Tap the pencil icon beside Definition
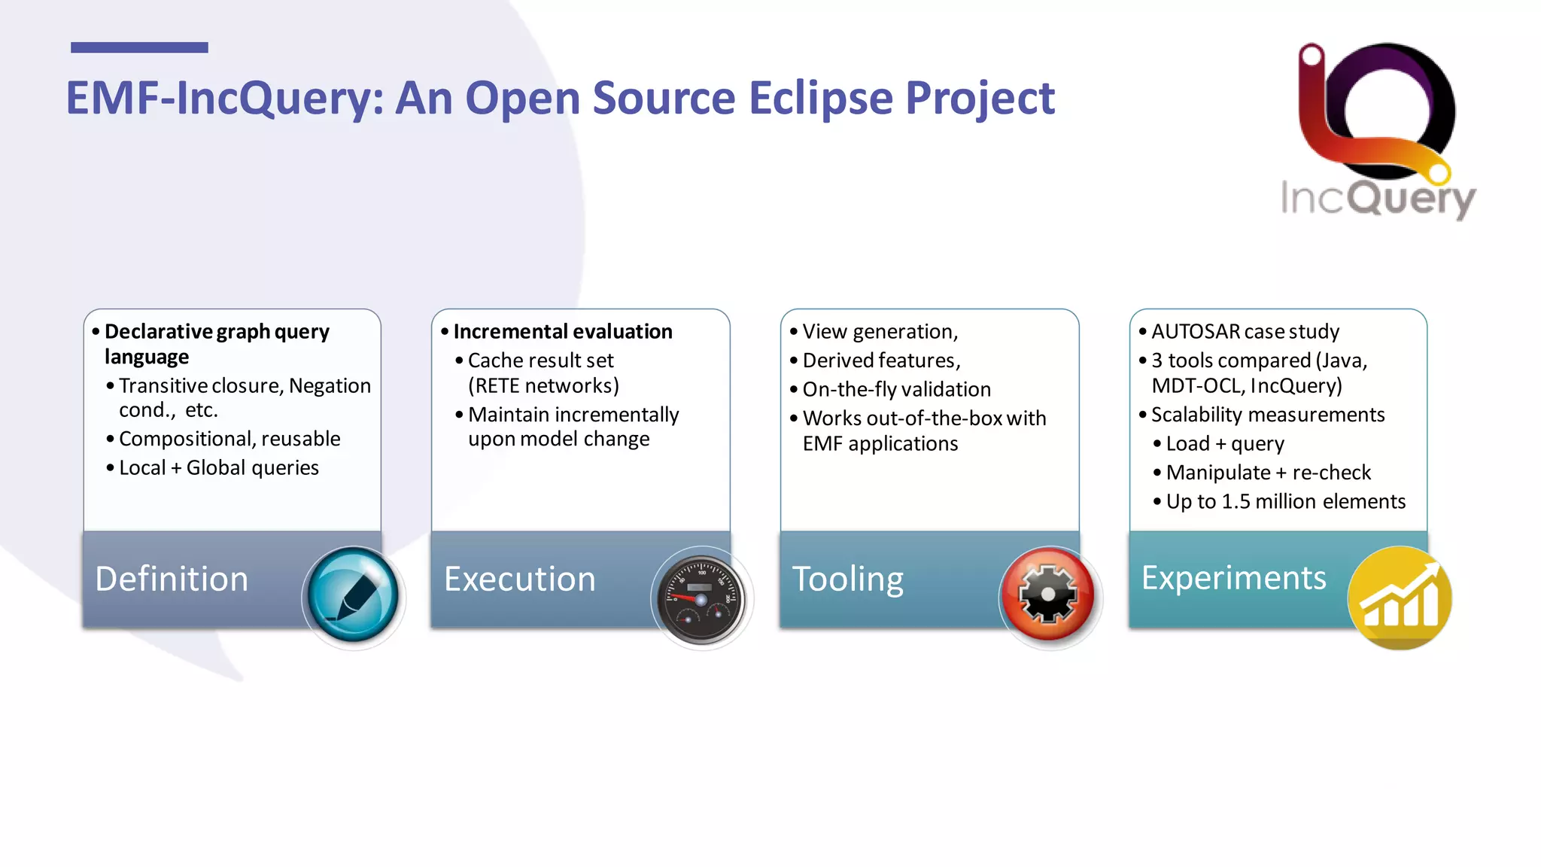[354, 596]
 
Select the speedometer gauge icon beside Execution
[701, 599]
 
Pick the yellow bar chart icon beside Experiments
[1399, 598]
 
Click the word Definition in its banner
[172, 579]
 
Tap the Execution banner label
[519, 579]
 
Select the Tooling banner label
[847, 579]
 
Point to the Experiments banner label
[1233, 578]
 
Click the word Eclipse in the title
[819, 98]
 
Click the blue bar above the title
[139, 47]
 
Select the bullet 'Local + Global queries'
[218, 468]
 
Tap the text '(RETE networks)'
[543, 386]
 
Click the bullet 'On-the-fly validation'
[896, 389]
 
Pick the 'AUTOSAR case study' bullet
[1245, 332]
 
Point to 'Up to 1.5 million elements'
[1285, 502]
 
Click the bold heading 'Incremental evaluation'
[562, 332]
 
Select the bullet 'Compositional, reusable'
[229, 439]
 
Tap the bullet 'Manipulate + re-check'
[1268, 473]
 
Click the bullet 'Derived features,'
[881, 360]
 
